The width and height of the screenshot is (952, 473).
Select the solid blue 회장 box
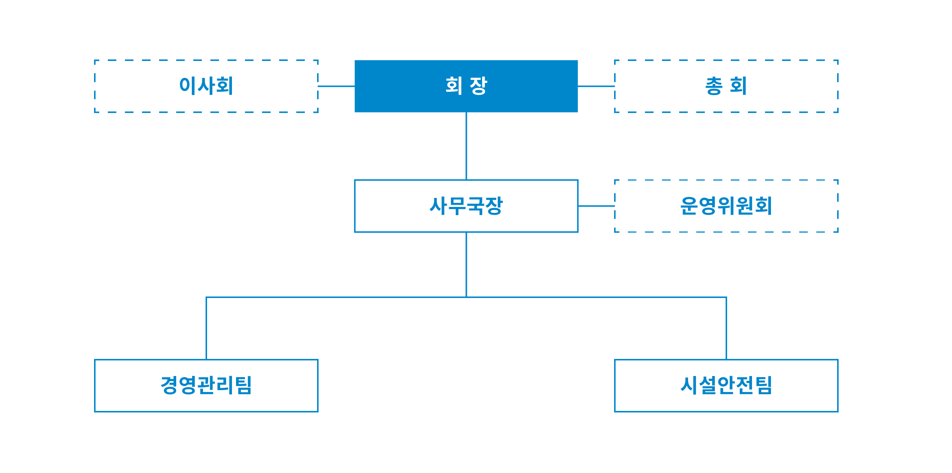(x=466, y=86)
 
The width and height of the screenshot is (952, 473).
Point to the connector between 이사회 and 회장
(x=336, y=86)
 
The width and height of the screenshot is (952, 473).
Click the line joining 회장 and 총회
(x=596, y=86)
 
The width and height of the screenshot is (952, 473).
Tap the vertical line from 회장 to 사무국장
(x=466, y=146)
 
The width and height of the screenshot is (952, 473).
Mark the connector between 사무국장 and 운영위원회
(x=596, y=206)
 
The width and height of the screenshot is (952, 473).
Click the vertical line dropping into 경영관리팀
(x=206, y=328)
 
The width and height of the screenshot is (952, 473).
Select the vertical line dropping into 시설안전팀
(x=726, y=328)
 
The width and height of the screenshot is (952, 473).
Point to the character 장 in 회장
(x=478, y=86)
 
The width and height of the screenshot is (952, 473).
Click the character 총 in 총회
(x=714, y=86)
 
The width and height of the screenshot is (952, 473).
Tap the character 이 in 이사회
(x=188, y=85)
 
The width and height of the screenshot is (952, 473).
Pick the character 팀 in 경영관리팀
(x=243, y=385)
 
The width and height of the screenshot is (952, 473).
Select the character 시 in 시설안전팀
(x=690, y=385)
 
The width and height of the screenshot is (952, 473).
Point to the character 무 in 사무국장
(x=457, y=206)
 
